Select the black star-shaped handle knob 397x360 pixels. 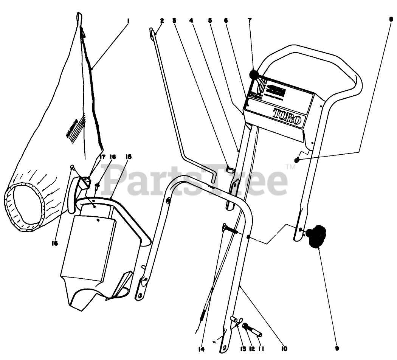click(x=316, y=236)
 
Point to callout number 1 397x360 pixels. click(x=128, y=21)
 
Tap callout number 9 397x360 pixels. click(x=337, y=348)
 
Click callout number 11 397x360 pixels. click(x=261, y=348)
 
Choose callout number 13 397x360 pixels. click(x=242, y=348)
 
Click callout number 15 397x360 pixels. click(x=127, y=156)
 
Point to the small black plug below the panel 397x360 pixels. click(x=297, y=160)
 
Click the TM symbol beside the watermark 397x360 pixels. click(x=290, y=167)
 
